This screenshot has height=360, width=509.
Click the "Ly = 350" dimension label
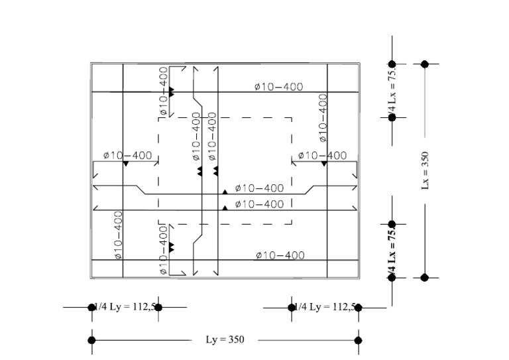[225, 340]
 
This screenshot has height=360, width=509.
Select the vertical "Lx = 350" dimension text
[425, 170]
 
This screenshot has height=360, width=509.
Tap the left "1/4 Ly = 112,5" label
[125, 306]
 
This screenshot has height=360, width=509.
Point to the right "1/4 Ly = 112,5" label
[325, 306]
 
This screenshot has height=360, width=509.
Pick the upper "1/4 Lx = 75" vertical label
[392, 90]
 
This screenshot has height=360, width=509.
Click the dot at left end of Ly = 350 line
[91, 340]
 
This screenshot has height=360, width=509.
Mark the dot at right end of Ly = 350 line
[359, 340]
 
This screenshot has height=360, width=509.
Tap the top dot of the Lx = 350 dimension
[425, 64]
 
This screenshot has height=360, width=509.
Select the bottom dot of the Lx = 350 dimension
[425, 278]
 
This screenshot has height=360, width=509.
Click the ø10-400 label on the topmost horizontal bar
[279, 87]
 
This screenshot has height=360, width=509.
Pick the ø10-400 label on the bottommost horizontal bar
[279, 255]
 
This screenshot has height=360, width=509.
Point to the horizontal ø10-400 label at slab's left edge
[128, 156]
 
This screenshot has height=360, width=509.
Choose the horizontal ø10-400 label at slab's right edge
[322, 156]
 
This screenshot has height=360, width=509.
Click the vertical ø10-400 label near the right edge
[323, 117]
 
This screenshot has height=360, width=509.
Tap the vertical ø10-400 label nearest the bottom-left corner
[117, 235]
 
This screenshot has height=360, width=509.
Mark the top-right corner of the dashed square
[292, 118]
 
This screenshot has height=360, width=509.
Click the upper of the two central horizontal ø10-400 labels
[259, 189]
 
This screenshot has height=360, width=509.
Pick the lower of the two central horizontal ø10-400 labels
[259, 204]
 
